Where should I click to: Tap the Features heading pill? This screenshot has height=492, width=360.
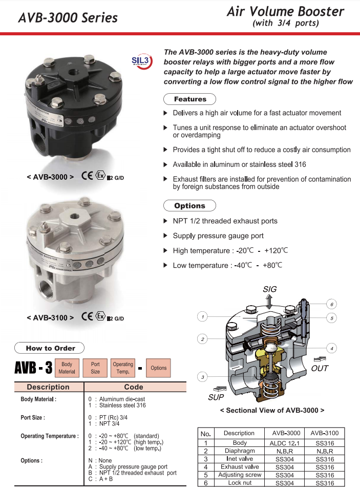pyautogui.click(x=189, y=99)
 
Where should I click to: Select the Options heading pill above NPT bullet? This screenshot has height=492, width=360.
pyautogui.click(x=189, y=206)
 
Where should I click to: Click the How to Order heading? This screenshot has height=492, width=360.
pyautogui.click(x=50, y=348)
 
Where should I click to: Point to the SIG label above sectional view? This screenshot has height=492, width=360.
pyautogui.click(x=269, y=289)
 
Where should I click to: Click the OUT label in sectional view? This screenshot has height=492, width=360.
pyautogui.click(x=320, y=368)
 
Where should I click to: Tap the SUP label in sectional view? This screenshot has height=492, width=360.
pyautogui.click(x=217, y=397)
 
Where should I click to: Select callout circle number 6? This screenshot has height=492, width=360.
pyautogui.click(x=331, y=305)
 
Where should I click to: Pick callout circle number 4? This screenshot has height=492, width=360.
pyautogui.click(x=331, y=349)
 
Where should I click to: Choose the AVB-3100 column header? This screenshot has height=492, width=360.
pyautogui.click(x=324, y=433)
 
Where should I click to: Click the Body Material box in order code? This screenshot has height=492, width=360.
pyautogui.click(x=67, y=368)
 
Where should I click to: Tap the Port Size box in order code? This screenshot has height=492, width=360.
pyautogui.click(x=95, y=368)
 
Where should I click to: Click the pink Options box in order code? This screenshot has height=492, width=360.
pyautogui.click(x=159, y=368)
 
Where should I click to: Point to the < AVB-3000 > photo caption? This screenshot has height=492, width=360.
pyautogui.click(x=50, y=177)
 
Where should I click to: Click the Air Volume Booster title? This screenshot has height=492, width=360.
pyautogui.click(x=285, y=12)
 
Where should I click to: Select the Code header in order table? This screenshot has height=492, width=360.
pyautogui.click(x=134, y=387)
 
